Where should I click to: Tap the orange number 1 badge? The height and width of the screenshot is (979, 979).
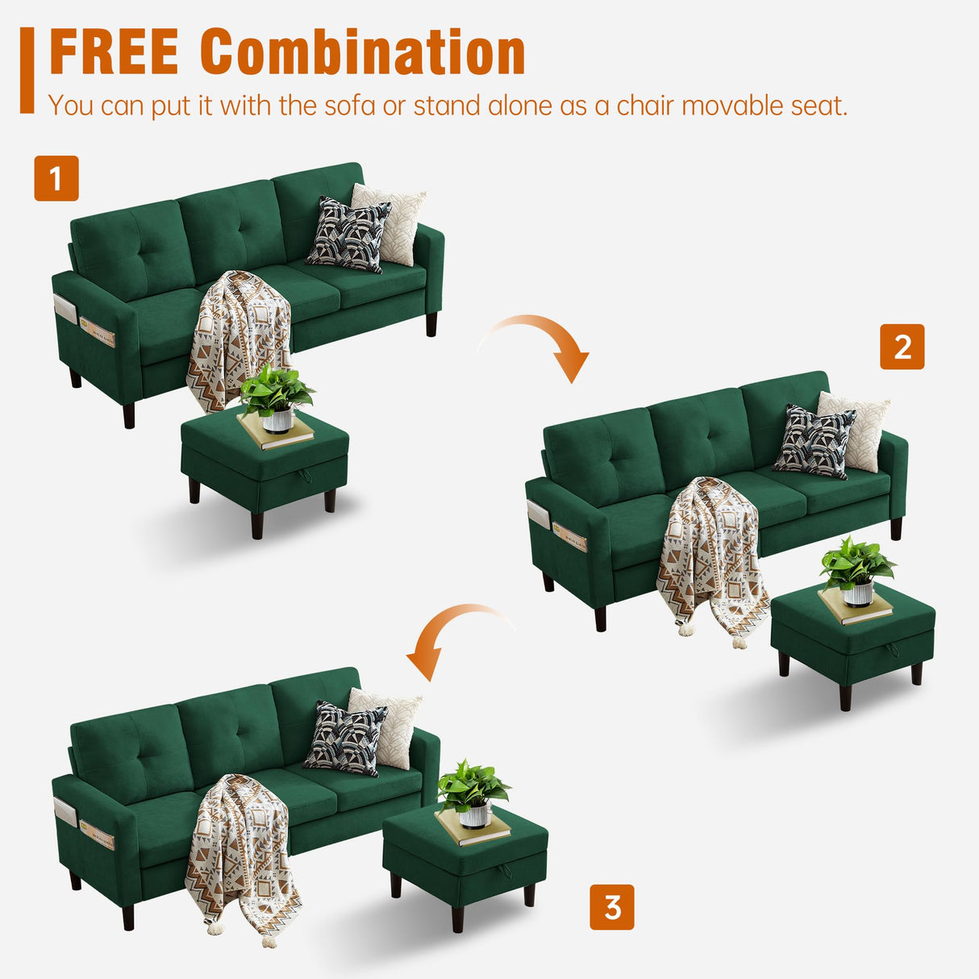(x=56, y=178)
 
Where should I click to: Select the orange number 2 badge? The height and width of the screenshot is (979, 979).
(x=902, y=347)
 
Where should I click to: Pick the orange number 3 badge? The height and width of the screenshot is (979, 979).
(x=612, y=907)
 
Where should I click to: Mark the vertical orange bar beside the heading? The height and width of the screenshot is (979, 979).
(x=27, y=70)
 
